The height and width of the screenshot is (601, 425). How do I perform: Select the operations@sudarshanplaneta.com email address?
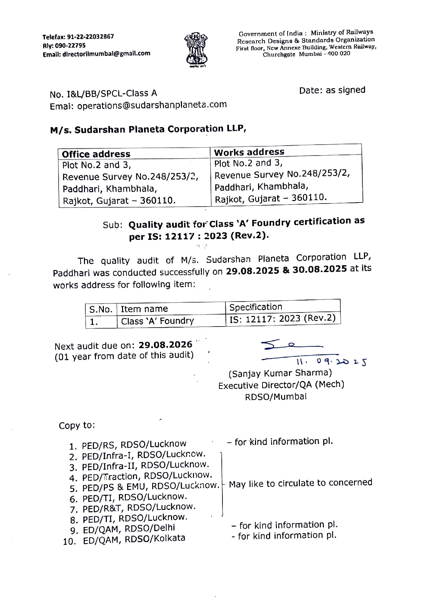(152, 105)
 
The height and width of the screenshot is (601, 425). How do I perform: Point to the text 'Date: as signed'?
(332, 90)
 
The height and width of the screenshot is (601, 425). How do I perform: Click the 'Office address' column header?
(96, 154)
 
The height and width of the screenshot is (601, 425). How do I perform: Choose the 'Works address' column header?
(249, 152)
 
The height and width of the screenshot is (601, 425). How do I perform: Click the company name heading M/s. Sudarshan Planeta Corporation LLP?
(148, 130)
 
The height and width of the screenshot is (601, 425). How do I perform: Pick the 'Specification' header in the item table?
(256, 307)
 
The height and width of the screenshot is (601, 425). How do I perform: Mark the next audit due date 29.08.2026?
(165, 344)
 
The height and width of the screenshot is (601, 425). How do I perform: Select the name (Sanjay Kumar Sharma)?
(280, 373)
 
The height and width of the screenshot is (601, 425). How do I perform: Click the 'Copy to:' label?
(77, 426)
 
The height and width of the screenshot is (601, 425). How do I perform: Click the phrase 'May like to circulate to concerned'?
(300, 483)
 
